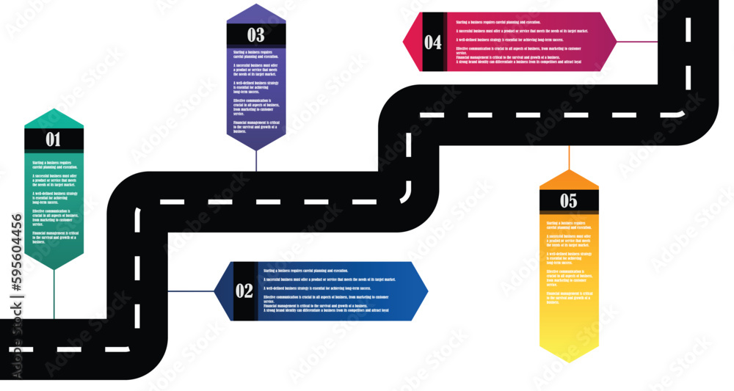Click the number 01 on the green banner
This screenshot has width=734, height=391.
(x=54, y=139)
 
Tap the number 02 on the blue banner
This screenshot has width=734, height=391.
(x=244, y=290)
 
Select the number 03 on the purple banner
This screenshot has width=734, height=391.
(x=255, y=34)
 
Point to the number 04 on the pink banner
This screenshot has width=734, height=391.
(x=433, y=43)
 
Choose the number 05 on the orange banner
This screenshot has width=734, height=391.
(x=569, y=201)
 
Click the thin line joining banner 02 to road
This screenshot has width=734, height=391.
(x=191, y=291)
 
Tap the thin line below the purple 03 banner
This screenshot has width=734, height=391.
(x=255, y=161)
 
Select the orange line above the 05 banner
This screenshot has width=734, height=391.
(x=569, y=158)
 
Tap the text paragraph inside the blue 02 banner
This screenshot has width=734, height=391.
(x=327, y=290)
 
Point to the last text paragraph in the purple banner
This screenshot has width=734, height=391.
(x=256, y=126)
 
